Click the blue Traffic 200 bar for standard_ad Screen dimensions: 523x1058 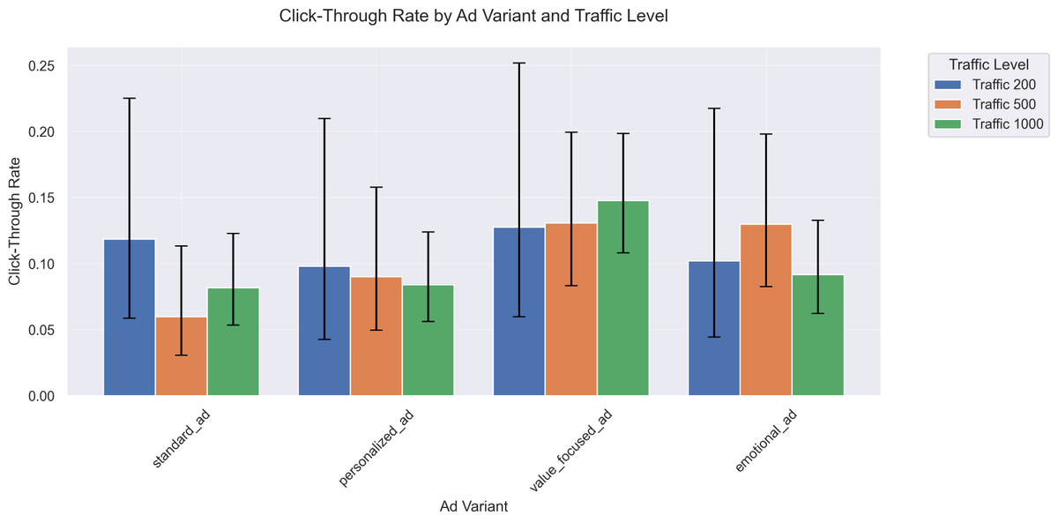130,318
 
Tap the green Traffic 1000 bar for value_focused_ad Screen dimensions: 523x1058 623,299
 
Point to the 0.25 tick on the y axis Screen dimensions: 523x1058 41,66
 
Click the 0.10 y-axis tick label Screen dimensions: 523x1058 41,265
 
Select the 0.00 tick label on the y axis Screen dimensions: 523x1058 41,397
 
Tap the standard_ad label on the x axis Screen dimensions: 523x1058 182,438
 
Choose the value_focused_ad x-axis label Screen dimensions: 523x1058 570,451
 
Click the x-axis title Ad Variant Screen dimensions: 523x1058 473,507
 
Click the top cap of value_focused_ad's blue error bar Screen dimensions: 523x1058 519,64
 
